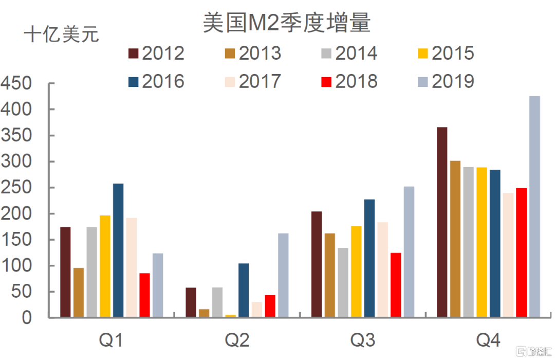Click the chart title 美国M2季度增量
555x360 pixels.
tap(286, 23)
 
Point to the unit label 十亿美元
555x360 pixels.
tap(61, 35)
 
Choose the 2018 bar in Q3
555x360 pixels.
tap(396, 285)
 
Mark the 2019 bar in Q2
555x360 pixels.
tap(283, 275)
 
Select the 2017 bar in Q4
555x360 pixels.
tap(508, 255)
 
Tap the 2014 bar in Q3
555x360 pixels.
tap(343, 282)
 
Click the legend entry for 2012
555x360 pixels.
tap(156, 53)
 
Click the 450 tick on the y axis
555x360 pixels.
tap(16, 84)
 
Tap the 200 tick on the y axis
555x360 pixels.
tap(16, 213)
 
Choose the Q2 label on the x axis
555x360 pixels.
tap(237, 340)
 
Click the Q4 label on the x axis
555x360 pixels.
tap(488, 340)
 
